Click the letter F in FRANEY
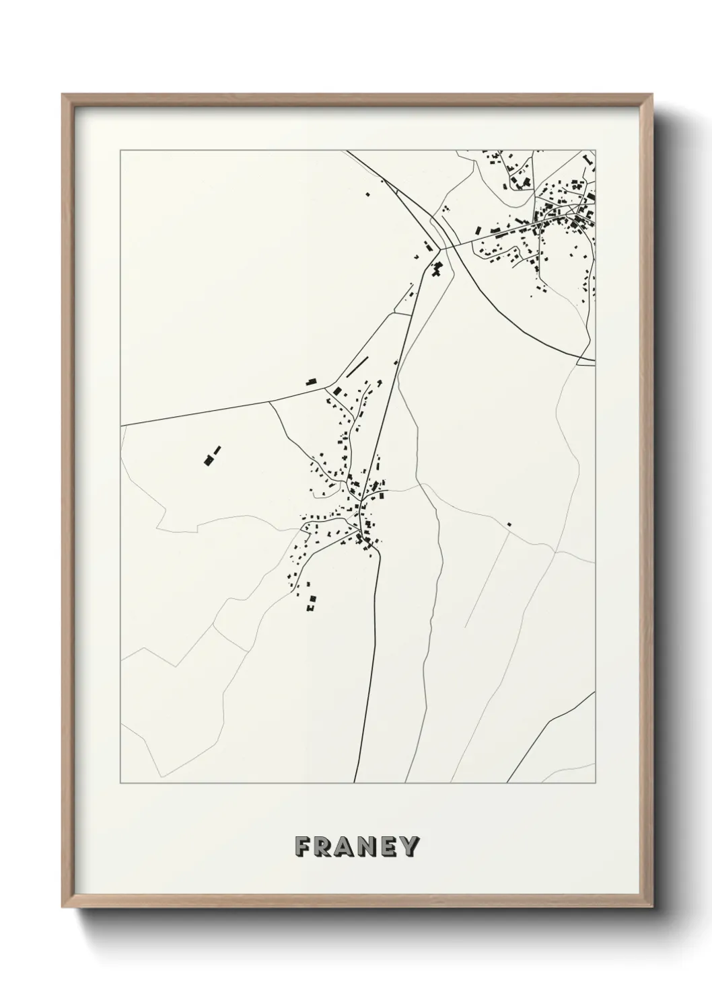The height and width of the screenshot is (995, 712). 303,846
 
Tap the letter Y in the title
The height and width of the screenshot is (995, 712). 409,846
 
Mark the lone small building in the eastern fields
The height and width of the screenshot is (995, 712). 509,523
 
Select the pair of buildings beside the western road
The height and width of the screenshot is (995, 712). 312,381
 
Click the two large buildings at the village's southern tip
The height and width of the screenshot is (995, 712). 310,602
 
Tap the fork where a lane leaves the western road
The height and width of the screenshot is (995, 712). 271,403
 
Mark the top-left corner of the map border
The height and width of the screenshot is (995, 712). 120,150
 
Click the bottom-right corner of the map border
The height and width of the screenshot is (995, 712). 596,784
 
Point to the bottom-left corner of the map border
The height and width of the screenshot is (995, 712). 120,784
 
